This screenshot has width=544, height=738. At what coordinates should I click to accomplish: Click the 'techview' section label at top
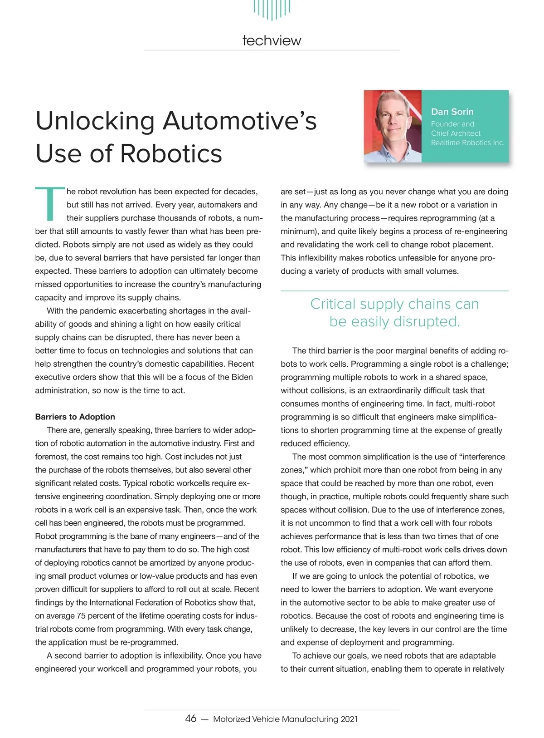tap(272, 40)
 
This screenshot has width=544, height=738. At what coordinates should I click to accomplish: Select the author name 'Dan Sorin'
tap(452, 112)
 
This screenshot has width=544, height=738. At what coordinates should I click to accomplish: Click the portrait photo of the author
tap(393, 127)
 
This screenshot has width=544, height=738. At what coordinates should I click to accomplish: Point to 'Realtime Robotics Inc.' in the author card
tap(467, 143)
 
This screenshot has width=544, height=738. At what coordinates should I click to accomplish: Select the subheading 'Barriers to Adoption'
tap(75, 417)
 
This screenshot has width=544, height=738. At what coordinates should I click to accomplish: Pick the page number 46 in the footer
tap(191, 718)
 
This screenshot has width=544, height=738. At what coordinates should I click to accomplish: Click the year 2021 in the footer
tap(349, 719)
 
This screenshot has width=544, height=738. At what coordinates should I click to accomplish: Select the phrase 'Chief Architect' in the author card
tap(456, 133)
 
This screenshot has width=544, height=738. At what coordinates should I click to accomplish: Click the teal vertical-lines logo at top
tap(272, 9)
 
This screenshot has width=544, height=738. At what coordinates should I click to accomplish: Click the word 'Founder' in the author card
tap(445, 124)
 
